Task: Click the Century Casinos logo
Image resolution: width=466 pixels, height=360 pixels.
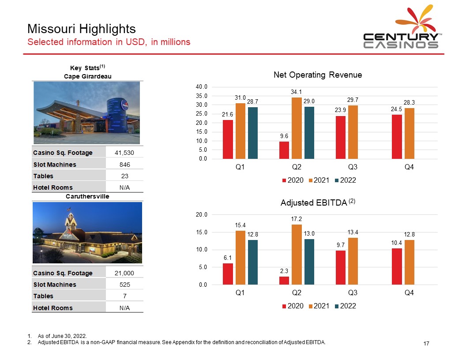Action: tap(401, 29)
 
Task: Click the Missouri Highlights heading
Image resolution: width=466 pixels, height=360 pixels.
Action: tap(81, 29)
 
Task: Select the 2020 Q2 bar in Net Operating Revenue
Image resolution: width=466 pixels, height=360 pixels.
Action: tap(284, 150)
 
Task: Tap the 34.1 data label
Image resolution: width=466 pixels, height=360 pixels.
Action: tap(297, 92)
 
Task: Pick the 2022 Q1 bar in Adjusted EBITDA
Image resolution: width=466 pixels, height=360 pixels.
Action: tap(253, 262)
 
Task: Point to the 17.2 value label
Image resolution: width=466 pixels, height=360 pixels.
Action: tap(297, 219)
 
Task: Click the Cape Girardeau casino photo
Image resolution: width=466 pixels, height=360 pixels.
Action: tap(87, 113)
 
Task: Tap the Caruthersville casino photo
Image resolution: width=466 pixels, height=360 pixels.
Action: tap(87, 232)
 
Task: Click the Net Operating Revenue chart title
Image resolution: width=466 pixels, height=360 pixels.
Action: tap(318, 75)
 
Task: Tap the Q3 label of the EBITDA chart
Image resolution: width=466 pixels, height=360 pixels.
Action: tap(353, 292)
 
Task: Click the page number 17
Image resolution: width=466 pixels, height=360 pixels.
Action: tap(426, 343)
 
